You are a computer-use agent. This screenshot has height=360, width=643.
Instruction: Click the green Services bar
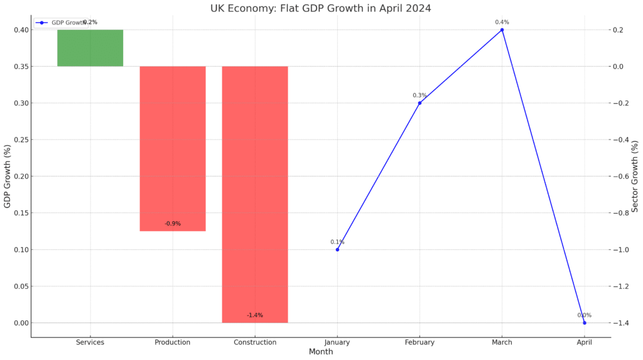90,48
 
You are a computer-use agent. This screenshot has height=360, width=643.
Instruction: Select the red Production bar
172,148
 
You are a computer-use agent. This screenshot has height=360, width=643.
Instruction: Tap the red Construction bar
254,194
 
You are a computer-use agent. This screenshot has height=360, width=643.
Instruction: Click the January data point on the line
337,249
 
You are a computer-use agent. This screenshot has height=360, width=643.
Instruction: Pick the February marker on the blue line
419,103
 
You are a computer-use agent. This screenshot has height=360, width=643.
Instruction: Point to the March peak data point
502,30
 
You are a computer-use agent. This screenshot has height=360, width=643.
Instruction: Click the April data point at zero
584,323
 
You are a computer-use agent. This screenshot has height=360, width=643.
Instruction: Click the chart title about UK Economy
321,8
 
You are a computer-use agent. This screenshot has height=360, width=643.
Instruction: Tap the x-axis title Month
321,352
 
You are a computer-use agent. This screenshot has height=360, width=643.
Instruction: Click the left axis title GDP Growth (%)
8,177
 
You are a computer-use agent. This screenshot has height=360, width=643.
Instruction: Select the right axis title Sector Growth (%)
635,177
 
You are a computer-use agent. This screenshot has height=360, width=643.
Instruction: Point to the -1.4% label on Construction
254,315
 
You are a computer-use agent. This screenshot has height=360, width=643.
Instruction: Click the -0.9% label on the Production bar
172,224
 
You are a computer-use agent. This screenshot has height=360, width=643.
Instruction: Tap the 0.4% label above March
502,22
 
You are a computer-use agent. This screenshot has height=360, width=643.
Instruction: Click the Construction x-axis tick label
254,342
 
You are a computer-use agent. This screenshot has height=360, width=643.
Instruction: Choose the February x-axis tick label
419,342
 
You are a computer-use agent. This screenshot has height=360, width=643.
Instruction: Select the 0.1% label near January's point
337,242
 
